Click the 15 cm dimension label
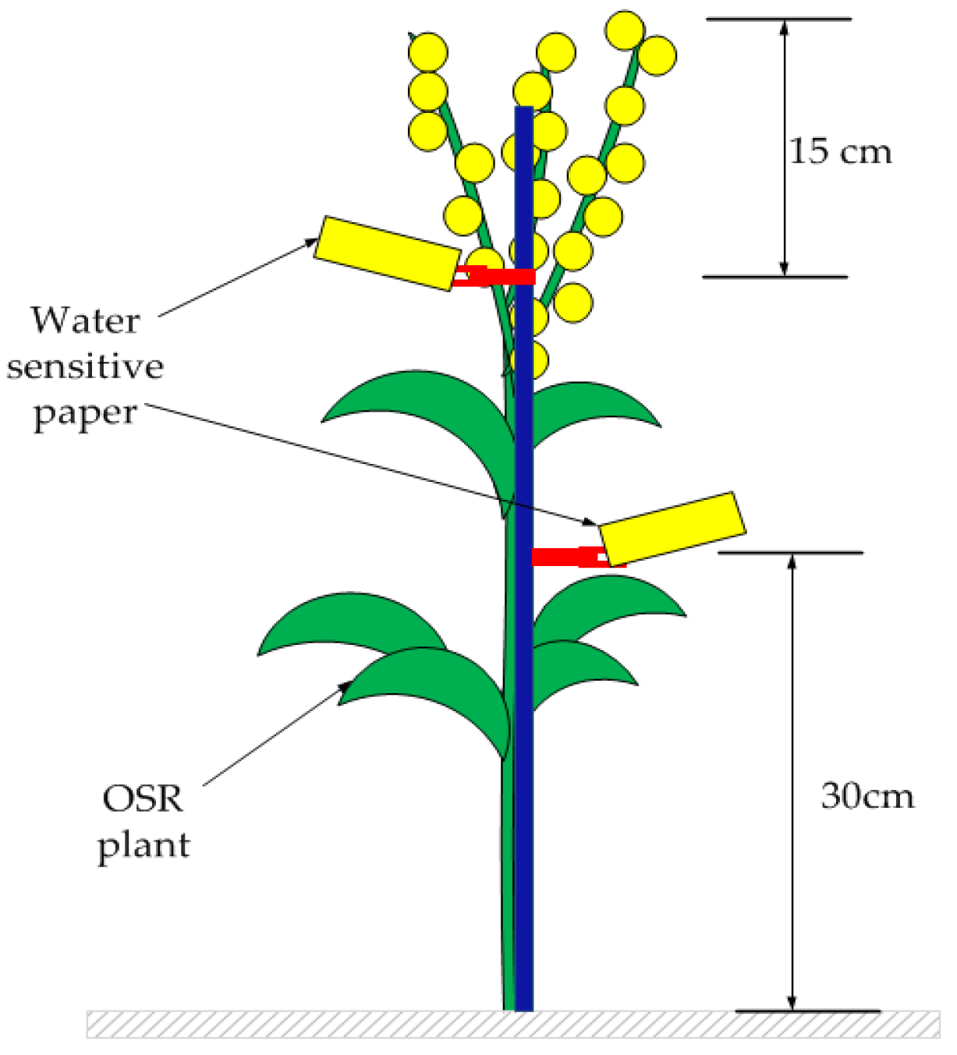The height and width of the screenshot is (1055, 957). point(840,150)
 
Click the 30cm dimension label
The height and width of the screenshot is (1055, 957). point(867,795)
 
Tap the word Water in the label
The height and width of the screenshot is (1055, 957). point(85,320)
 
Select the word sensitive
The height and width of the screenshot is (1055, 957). point(85,366)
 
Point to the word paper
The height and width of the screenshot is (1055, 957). point(85,413)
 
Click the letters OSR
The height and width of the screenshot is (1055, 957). point(143,798)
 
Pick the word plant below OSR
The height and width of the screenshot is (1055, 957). point(144,844)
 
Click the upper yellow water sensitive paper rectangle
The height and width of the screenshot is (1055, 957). point(386,253)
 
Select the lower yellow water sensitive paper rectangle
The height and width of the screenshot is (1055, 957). point(672,528)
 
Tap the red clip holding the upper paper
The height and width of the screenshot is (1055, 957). point(494,276)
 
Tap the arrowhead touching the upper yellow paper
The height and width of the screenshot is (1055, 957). point(310,243)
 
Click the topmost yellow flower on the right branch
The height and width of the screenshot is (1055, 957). point(625,30)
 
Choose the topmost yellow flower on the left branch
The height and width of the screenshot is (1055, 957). point(428,52)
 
